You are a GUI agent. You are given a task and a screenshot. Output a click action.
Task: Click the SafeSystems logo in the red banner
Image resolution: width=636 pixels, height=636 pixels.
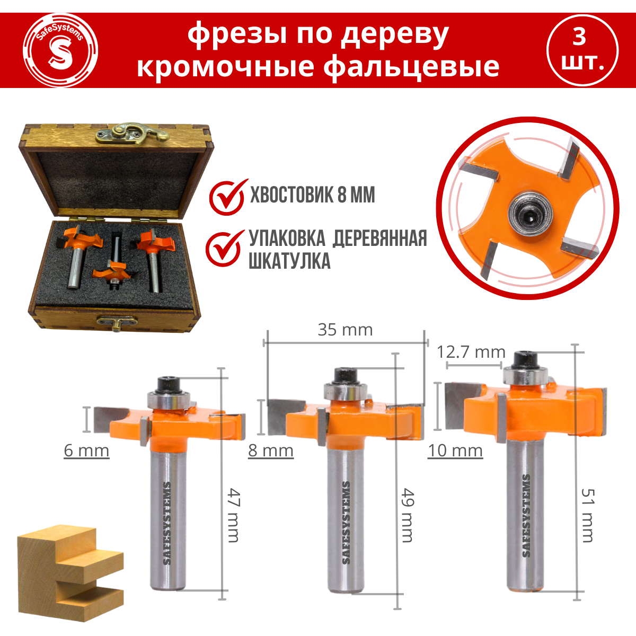pyautogui.click(x=60, y=50)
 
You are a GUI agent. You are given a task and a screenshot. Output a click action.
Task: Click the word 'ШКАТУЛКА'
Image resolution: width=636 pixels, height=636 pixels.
pyautogui.click(x=289, y=261)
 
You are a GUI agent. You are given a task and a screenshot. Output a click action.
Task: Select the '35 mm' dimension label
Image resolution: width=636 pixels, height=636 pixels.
pyautogui.click(x=345, y=330)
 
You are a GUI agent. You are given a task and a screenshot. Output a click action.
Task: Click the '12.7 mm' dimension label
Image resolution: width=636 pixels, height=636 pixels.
pyautogui.click(x=471, y=351)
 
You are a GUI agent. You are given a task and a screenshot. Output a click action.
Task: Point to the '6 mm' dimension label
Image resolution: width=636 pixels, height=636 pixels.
pyautogui.click(x=86, y=450)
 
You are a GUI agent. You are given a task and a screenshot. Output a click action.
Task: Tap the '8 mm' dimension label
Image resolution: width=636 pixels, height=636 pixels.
pyautogui.click(x=270, y=450)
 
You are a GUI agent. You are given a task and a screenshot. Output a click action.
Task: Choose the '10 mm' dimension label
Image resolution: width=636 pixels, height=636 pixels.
pyautogui.click(x=455, y=450)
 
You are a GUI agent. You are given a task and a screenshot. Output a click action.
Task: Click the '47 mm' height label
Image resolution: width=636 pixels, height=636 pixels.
pyautogui.click(x=234, y=515)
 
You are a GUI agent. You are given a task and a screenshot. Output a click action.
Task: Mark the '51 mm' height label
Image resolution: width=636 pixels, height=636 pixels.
pyautogui.click(x=587, y=515)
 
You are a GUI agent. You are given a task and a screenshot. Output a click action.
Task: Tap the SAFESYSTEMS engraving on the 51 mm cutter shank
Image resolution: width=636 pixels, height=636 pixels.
pyautogui.click(x=526, y=515)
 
